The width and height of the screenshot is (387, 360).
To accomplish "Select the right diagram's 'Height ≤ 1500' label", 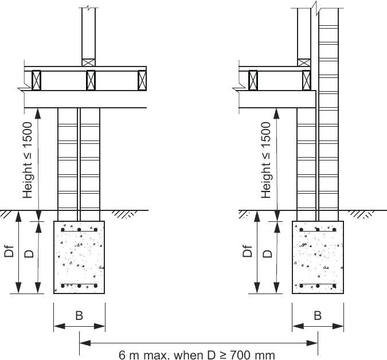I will pos(266,160).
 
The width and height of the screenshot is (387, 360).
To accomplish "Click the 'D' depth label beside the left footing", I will pos(29,253).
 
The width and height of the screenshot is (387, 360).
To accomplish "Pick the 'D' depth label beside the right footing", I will pos(268,253).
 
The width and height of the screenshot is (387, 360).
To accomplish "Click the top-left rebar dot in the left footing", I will pos(63,228).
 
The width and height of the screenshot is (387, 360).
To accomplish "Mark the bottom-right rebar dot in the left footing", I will pos(96,285).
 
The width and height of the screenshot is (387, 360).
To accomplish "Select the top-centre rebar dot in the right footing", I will pos(318,228).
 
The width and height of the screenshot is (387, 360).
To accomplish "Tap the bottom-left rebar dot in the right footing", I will pos(302,285).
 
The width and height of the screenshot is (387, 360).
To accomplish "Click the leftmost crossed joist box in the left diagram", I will pos(37,80).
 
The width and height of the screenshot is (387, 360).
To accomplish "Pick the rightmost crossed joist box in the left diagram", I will pos(142,80).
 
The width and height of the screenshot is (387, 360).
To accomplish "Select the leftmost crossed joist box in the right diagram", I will pos(252,80).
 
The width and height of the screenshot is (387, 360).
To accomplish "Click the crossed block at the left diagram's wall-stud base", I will pos(88,62).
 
